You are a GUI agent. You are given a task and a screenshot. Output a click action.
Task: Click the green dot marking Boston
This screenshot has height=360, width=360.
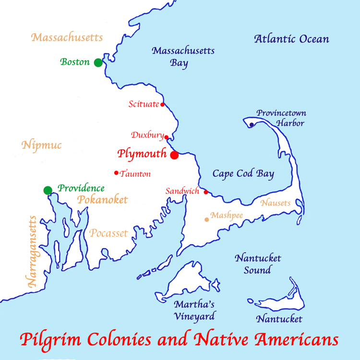click(98, 62)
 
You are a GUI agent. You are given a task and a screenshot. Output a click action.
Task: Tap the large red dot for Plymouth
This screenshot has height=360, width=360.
click(174, 155)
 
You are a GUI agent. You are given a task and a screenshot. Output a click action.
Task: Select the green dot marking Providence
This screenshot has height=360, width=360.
click(48, 190)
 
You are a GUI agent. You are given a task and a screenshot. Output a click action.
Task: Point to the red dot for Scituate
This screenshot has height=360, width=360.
click(162, 104)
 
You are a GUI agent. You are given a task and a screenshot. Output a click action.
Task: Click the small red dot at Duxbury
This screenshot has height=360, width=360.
click(167, 137)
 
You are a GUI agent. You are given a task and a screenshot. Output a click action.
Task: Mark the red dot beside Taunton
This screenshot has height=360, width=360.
click(116, 173)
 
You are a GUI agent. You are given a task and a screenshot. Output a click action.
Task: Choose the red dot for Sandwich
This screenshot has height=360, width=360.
click(206, 192)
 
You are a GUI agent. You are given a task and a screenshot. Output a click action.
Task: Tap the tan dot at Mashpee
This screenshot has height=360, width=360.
click(207, 219)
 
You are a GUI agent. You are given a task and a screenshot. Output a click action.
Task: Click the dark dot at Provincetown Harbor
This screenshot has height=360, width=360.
click(252, 125)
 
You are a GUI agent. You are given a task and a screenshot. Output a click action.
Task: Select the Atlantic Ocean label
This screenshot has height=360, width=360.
click(292, 39)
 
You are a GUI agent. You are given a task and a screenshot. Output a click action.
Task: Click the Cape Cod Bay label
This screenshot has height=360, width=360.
click(243, 174)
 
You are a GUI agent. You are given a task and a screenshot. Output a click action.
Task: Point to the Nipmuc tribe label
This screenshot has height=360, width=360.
click(42, 145)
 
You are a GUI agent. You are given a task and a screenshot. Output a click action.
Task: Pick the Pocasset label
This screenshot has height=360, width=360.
click(108, 234)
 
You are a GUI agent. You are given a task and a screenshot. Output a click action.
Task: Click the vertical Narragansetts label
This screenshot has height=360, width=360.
click(33, 252)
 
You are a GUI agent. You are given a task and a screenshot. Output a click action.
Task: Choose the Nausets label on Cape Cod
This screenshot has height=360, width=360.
click(276, 203)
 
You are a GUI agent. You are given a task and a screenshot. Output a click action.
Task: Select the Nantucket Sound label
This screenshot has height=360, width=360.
click(258, 264)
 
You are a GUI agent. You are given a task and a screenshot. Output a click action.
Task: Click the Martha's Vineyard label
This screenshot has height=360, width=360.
click(194, 310)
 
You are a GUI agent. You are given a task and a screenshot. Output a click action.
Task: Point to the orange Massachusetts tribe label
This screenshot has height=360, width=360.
click(68, 37)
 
